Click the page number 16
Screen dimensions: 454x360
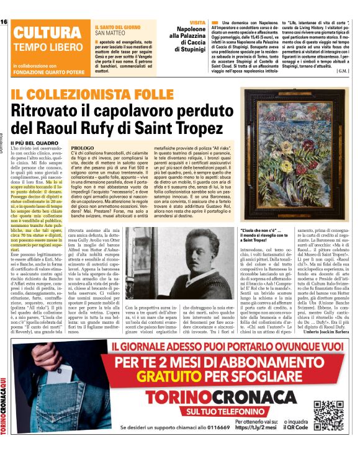point(4,22)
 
